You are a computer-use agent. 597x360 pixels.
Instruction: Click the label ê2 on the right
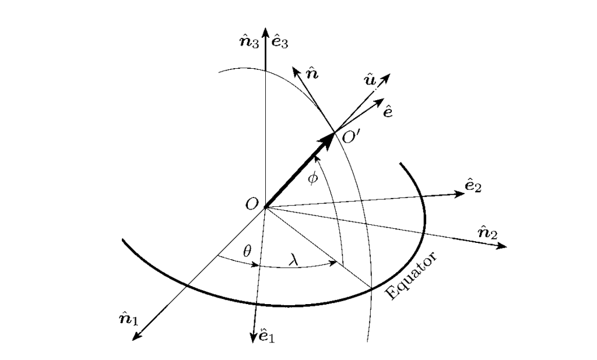pos(473,187)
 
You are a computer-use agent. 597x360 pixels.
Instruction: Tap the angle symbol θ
pos(247,252)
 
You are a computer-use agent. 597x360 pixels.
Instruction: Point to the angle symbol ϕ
pos(313,177)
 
